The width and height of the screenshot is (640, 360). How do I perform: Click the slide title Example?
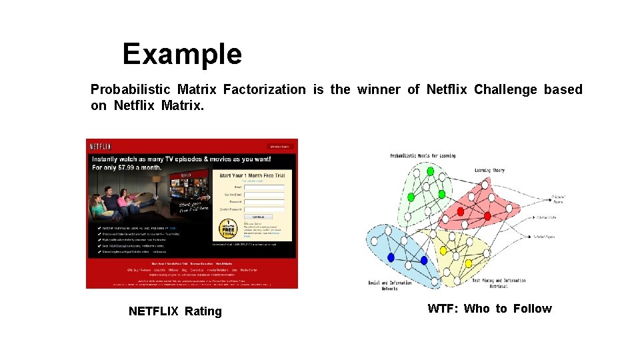182,54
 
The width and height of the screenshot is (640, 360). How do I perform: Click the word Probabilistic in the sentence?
131,89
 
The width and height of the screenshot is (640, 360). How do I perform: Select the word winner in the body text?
379,89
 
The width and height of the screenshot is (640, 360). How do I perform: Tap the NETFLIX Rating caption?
175,311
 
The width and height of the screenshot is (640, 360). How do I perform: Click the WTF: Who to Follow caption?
489,308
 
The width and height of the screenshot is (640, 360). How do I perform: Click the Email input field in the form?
264,187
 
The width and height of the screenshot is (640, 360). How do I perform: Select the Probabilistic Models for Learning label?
423,156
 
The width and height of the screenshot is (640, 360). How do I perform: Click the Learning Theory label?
489,170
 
